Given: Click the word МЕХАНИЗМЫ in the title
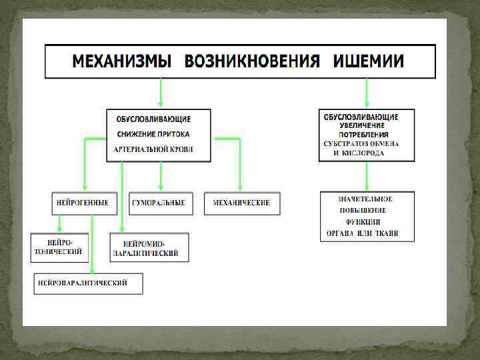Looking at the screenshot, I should tap(121, 62).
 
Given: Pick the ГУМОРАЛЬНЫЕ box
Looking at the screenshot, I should tap(160, 203).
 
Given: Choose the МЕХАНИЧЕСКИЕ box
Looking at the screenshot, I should tap(241, 203).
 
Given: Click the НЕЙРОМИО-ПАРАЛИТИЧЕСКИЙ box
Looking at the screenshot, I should tap(150, 247).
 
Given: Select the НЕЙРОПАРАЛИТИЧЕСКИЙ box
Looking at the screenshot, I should tap(89, 283).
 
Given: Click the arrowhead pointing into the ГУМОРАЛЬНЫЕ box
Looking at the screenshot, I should tap(160, 188).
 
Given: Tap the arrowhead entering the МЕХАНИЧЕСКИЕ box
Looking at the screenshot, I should tap(241, 188).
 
